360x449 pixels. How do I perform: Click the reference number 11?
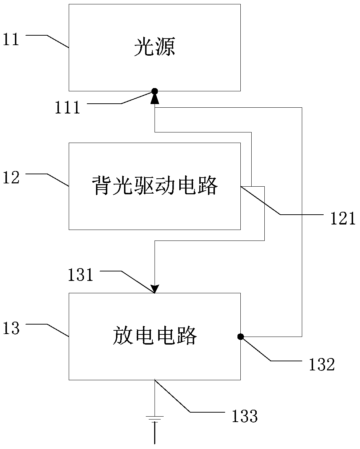(x=11, y=39)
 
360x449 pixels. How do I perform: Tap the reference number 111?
(x=67, y=107)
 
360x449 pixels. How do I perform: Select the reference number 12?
(x=11, y=178)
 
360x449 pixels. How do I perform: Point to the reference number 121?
(x=343, y=218)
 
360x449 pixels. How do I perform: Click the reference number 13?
(x=11, y=328)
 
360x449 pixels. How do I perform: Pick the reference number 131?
(x=80, y=275)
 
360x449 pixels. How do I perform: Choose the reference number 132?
(x=322, y=365)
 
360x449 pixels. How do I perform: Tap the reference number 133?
(x=245, y=416)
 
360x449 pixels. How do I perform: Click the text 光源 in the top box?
(x=155, y=47)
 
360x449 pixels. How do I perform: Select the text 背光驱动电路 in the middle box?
(x=155, y=185)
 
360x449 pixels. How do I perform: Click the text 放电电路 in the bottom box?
(x=155, y=335)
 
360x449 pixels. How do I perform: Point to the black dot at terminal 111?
(x=155, y=91)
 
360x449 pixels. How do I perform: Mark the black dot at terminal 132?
(x=240, y=337)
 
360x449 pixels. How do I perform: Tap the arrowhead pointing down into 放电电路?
(x=155, y=289)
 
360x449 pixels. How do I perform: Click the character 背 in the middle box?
(x=101, y=185)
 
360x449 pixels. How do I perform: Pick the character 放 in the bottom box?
(x=123, y=335)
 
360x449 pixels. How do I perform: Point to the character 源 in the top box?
(x=165, y=47)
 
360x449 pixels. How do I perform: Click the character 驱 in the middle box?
(x=144, y=185)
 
